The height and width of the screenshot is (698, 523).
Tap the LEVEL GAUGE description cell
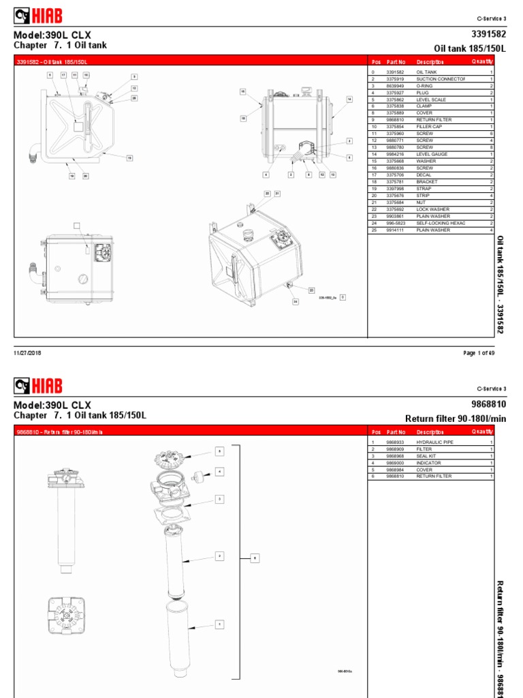(x=432, y=154)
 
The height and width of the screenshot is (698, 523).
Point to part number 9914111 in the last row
(x=396, y=230)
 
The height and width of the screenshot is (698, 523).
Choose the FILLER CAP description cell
(x=429, y=126)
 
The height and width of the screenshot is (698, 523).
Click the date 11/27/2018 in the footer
(x=28, y=352)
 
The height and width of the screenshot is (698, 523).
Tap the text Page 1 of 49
(x=478, y=352)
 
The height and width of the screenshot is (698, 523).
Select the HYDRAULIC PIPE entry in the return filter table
(x=434, y=442)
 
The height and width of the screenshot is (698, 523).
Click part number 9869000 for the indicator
(x=396, y=464)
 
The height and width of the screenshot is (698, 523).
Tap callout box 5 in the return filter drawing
(x=219, y=451)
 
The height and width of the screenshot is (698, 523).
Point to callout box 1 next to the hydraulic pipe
(x=219, y=623)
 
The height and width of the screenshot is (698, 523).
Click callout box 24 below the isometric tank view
(x=296, y=301)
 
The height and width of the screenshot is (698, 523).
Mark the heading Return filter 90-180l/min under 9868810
(x=456, y=418)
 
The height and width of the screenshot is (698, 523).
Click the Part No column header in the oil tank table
(x=396, y=61)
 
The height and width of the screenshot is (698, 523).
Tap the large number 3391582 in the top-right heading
(x=488, y=33)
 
